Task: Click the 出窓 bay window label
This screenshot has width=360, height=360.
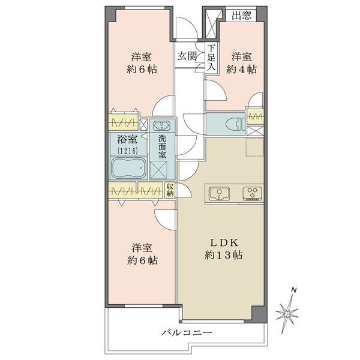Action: tap(241, 15)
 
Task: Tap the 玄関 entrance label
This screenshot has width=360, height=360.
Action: tap(187, 56)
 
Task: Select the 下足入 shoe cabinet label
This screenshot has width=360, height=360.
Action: tap(211, 58)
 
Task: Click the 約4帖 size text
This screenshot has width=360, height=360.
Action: tap(241, 69)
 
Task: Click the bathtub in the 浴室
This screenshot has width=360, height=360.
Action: tap(128, 168)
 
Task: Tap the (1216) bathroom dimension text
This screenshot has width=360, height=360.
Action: tap(128, 151)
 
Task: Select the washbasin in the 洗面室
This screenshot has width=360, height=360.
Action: tap(162, 125)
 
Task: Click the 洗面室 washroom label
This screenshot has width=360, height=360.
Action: tap(162, 146)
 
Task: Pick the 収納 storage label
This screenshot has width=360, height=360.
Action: tap(170, 190)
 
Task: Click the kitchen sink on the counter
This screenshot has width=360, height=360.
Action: tap(219, 193)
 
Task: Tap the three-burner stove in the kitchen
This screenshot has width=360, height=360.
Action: tap(253, 193)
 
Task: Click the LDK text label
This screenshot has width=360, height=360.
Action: tap(224, 243)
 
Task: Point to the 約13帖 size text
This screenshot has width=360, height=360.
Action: tap(224, 255)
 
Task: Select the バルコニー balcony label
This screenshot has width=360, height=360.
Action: tap(187, 332)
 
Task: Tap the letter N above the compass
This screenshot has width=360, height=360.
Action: tap(293, 290)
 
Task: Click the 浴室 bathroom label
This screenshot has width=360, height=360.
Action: tap(127, 139)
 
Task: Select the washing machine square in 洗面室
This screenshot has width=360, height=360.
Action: tap(158, 170)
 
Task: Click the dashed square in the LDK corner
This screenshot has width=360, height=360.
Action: tap(255, 147)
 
